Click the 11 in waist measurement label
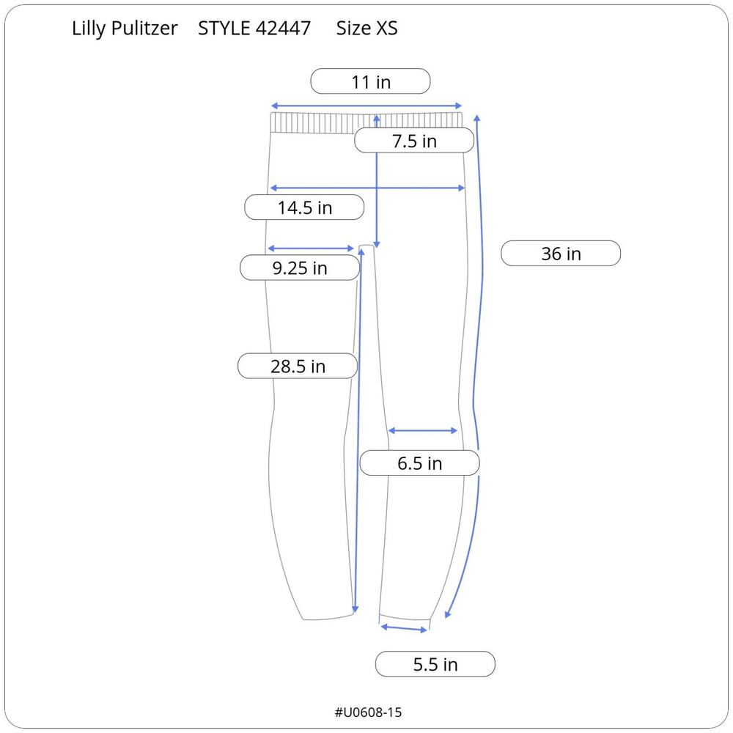tap(370, 81)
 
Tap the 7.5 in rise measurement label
tap(414, 140)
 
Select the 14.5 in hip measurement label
tap(304, 207)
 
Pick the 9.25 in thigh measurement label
tap(300, 268)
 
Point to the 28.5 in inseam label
tap(298, 366)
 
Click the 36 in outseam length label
tap(561, 254)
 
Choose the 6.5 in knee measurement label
tap(420, 463)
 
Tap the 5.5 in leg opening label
tap(435, 664)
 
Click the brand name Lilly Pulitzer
tap(125, 29)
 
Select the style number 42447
tap(283, 29)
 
